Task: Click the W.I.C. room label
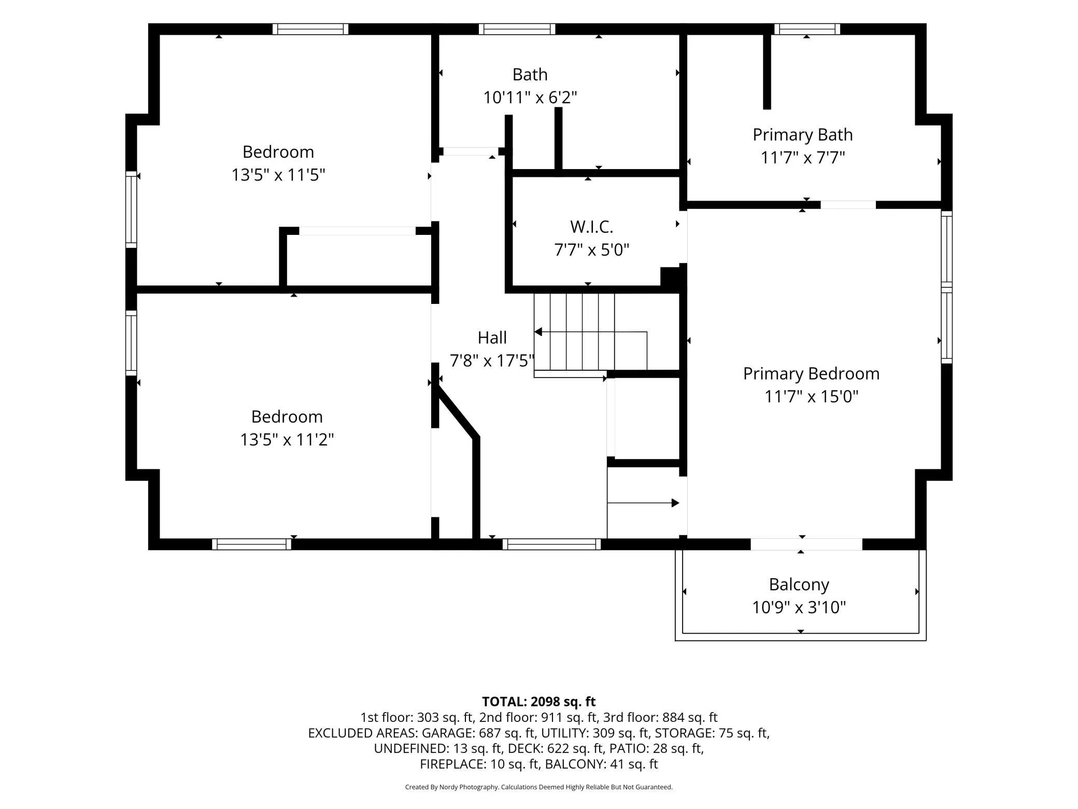tap(591, 227)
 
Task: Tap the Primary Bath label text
tap(802, 135)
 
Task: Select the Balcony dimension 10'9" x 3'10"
tap(799, 607)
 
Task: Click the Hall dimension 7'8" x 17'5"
tap(492, 360)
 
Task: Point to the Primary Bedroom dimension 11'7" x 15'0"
tap(811, 396)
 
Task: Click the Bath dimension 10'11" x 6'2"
tap(530, 97)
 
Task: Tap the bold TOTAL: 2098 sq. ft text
tap(538, 702)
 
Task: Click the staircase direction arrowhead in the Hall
tap(538, 332)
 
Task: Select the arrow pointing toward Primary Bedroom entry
tap(643, 503)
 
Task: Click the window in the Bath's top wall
tap(517, 29)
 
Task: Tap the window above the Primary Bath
tap(807, 29)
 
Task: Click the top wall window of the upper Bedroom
tap(310, 29)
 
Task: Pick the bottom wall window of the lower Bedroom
tap(251, 544)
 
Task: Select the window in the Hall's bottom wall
tap(551, 544)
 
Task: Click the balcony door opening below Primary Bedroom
tap(806, 544)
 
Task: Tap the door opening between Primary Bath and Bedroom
tap(848, 205)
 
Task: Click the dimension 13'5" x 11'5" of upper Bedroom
tap(278, 175)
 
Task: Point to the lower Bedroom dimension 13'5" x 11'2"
tap(287, 440)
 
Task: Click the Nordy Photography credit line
tap(538, 787)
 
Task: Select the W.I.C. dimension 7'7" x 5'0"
tap(591, 250)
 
